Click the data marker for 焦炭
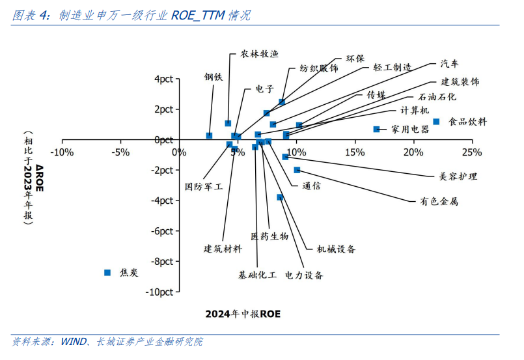pyautogui.click(x=108, y=273)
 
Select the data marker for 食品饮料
pyautogui.click(x=437, y=122)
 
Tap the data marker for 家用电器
pyautogui.click(x=376, y=130)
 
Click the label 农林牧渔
pyautogui.click(x=259, y=54)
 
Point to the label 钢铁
pyautogui.click(x=214, y=77)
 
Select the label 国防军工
pyautogui.click(x=204, y=186)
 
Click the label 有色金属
pyautogui.click(x=439, y=201)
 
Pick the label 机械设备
pyautogui.click(x=336, y=249)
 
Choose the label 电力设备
pyautogui.click(x=304, y=275)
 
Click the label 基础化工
pyautogui.click(x=258, y=275)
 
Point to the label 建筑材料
pyautogui.click(x=223, y=249)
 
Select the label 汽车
pyautogui.click(x=449, y=64)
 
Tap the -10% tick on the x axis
pyautogui.click(x=62, y=152)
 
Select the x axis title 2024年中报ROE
pyautogui.click(x=243, y=314)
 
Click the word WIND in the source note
pyautogui.click(x=74, y=341)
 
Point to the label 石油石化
pyautogui.click(x=437, y=96)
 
